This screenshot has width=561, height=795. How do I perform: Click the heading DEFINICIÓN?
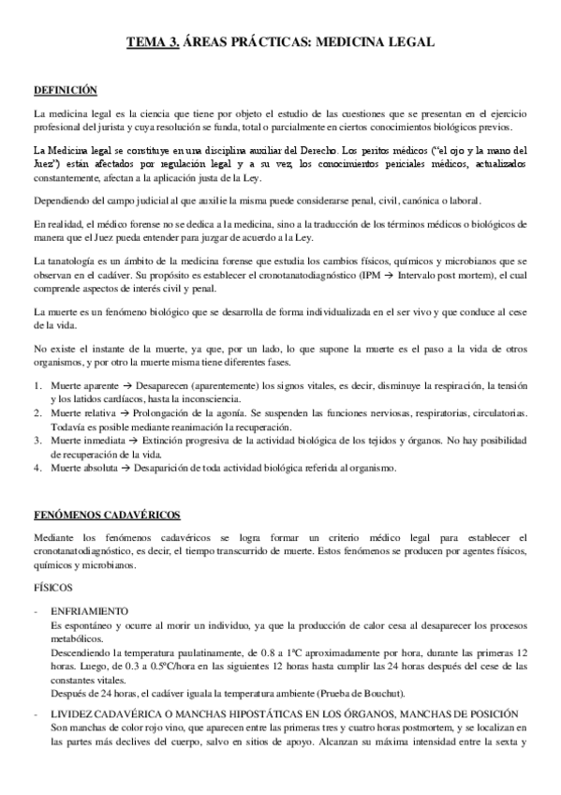click(66, 91)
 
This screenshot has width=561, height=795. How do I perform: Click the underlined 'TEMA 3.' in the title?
click(152, 42)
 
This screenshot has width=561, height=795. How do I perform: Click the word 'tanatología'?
click(76, 259)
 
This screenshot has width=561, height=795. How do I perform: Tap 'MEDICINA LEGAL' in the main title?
click(375, 42)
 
